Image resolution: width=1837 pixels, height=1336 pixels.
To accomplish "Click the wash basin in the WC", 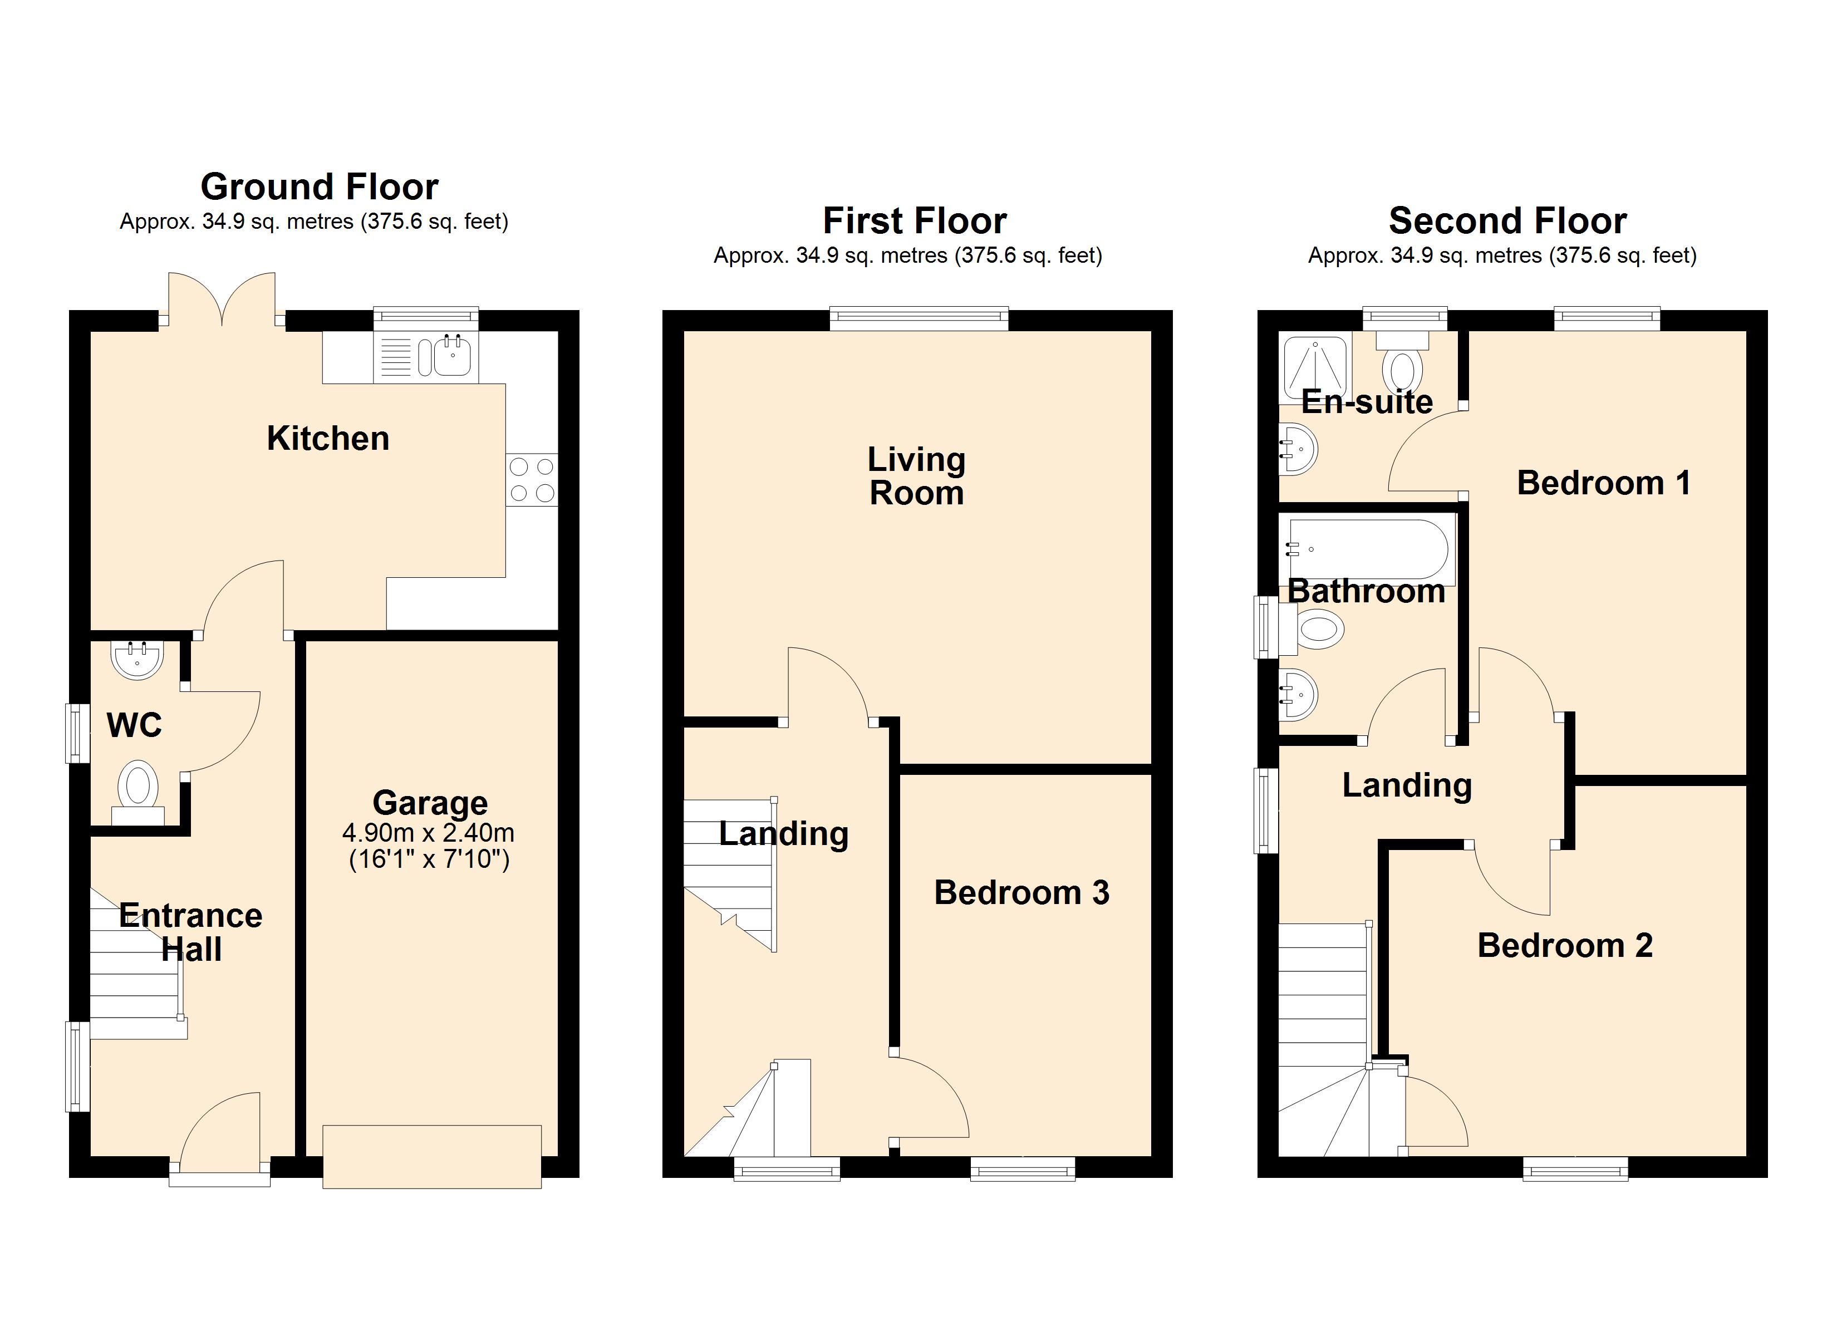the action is point(137,659).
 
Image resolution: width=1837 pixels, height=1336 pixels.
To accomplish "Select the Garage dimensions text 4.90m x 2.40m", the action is point(429,832).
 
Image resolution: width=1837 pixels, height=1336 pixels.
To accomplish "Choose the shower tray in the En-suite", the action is point(1315,370).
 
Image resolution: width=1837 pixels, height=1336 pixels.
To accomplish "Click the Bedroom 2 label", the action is point(1565,945).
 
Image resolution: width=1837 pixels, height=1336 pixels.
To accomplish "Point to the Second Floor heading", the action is point(1507,220).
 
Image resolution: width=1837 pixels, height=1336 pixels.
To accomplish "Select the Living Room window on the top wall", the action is point(919,319).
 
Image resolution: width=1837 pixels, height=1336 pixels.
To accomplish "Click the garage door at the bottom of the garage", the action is point(432,1156).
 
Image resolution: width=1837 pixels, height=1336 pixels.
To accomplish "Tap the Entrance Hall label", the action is point(191,932).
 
